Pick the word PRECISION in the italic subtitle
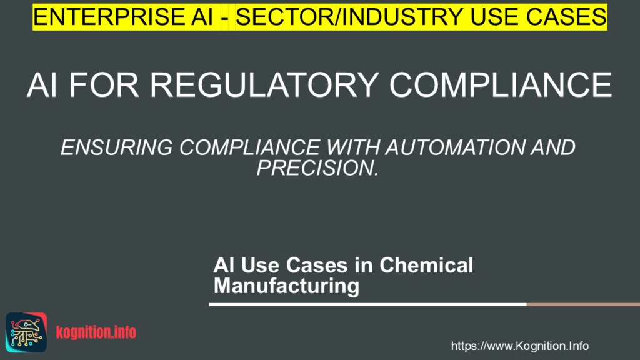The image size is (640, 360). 319,167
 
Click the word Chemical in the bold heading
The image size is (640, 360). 426,265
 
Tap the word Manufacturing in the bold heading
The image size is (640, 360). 286,286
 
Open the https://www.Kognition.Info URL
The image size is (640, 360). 520,346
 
